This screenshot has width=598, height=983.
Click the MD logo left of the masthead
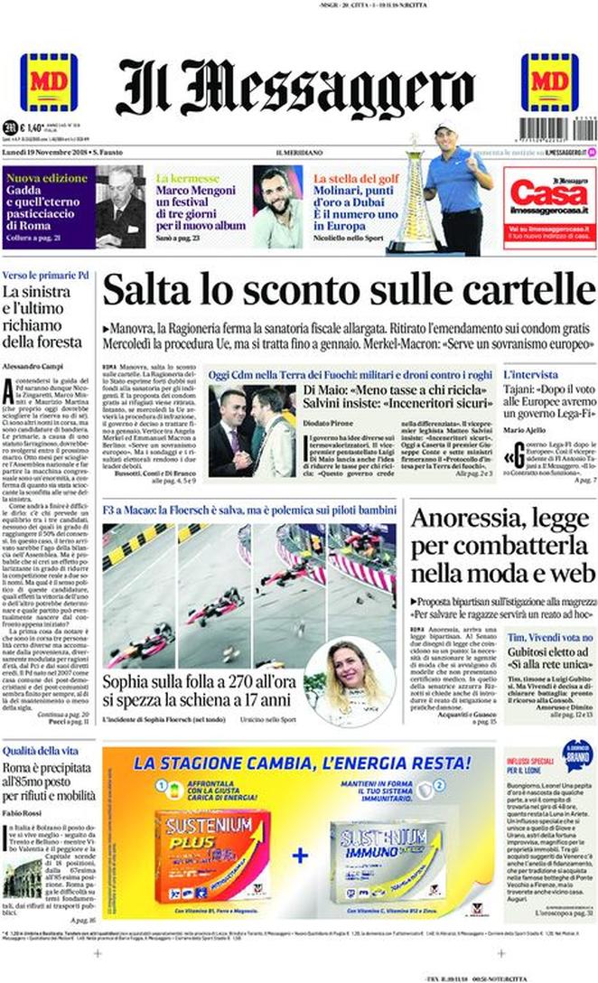pyautogui.click(x=49, y=82)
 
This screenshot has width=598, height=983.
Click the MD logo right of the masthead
pyautogui.click(x=549, y=82)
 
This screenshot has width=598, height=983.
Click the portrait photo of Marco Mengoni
pyautogui.click(x=277, y=207)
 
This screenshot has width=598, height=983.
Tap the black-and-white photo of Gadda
pyautogui.click(x=119, y=207)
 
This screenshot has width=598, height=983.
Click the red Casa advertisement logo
pyautogui.click(x=550, y=201)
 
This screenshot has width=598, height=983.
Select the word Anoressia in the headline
pyautogui.click(x=464, y=519)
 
